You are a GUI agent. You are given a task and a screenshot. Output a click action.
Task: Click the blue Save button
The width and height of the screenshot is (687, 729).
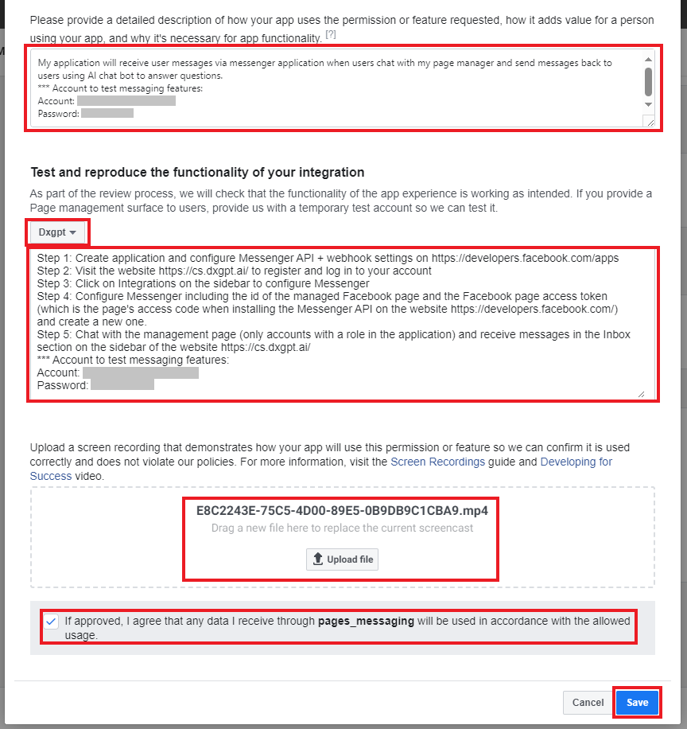(637, 703)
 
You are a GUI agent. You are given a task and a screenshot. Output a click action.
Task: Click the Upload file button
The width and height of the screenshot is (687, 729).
(342, 559)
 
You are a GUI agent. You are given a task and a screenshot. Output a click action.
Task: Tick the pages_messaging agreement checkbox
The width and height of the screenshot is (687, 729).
(52, 622)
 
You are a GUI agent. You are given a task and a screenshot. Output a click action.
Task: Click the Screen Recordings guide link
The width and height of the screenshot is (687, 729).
(437, 462)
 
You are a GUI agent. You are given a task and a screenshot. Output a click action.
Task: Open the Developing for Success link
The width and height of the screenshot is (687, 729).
(576, 462)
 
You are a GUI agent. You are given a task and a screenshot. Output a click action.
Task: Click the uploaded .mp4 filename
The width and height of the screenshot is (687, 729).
(342, 511)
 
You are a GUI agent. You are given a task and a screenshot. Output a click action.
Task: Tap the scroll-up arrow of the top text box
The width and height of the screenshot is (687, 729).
(648, 58)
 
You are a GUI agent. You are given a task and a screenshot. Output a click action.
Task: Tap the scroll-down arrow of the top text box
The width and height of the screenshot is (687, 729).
(648, 104)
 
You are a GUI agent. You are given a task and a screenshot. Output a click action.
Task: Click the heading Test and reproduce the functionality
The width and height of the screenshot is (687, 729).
(197, 172)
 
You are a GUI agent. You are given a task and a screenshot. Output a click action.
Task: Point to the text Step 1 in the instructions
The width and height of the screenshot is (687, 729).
(53, 259)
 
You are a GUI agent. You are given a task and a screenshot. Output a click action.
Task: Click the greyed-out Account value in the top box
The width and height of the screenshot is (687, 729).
(126, 101)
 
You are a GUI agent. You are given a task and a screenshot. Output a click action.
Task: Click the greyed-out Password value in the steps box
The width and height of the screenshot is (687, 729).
(122, 385)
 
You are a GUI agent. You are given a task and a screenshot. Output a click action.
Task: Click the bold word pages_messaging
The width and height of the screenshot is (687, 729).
(366, 621)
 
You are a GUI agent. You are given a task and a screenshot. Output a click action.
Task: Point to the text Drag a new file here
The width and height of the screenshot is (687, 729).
(342, 528)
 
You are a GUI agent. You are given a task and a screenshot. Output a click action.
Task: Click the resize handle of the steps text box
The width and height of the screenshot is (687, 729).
(641, 393)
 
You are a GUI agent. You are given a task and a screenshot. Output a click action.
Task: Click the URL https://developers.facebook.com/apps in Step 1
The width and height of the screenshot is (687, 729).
(525, 259)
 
